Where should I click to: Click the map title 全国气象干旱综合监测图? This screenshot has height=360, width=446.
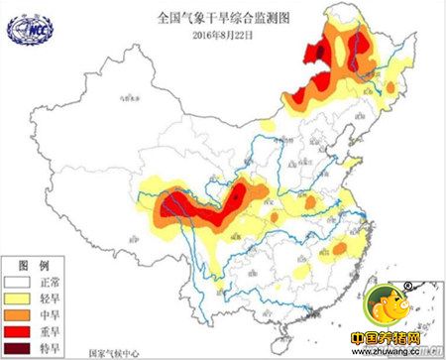coord(204,19)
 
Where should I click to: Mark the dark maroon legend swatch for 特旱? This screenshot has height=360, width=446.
coord(18,348)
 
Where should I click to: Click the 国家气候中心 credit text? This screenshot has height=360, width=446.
coord(113,351)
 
